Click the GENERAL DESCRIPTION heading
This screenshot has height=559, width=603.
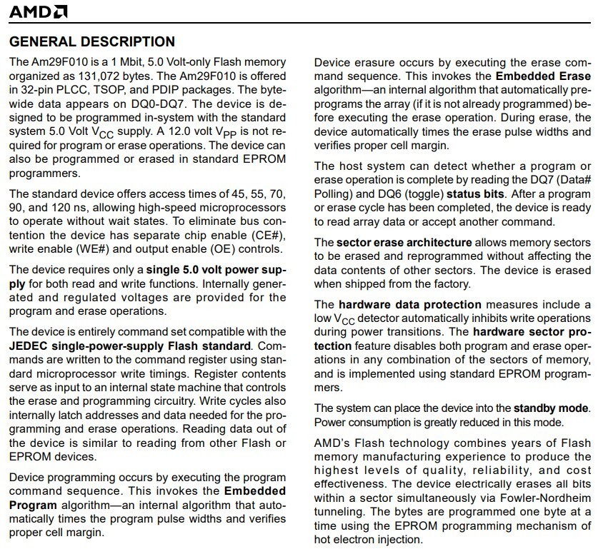click(x=92, y=42)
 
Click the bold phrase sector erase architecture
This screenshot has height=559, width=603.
click(x=404, y=243)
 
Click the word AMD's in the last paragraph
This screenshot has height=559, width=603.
click(x=332, y=443)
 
